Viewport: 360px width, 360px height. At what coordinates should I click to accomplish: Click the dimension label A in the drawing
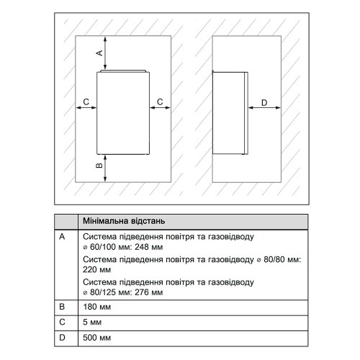tap(99, 53)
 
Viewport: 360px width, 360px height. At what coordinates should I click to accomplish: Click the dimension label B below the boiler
tap(99, 166)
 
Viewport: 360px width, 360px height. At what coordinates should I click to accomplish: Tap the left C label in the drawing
tap(86, 102)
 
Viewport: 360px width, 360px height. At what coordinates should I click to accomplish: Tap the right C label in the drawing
tap(160, 102)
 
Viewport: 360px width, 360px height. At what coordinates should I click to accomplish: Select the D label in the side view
tap(264, 103)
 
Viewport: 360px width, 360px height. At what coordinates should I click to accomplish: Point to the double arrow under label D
tap(264, 108)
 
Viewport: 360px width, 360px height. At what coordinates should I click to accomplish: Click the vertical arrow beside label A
tap(105, 53)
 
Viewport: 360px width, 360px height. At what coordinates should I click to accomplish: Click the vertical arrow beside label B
tap(105, 168)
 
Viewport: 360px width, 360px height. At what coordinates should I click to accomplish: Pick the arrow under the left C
tap(86, 108)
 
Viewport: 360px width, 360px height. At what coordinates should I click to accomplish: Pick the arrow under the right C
tap(160, 108)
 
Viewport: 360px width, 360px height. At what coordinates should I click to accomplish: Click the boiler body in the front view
tap(123, 112)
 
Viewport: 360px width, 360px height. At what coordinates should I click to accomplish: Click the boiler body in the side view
tap(230, 113)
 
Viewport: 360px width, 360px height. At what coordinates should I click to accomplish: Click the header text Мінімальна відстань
tap(124, 221)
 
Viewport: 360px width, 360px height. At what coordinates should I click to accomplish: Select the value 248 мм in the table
tap(149, 247)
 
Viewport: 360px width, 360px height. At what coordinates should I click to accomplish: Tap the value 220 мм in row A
tap(97, 269)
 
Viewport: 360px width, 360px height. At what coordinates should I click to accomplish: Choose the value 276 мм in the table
tap(149, 292)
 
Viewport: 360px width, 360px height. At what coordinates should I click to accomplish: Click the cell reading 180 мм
tap(97, 307)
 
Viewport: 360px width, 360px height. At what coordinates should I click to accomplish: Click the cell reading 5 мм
tap(92, 322)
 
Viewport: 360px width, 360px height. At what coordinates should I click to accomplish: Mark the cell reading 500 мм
tap(97, 338)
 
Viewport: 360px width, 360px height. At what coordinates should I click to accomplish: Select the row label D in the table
tap(62, 338)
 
